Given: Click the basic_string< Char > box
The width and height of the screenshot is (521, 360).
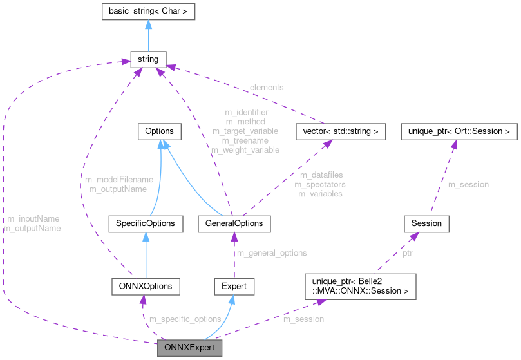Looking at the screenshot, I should tap(148, 12).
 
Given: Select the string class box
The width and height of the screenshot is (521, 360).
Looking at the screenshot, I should tap(148, 60).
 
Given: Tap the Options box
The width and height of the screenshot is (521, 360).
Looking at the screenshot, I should tap(159, 131).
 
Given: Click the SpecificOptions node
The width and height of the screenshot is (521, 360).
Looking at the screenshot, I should tap(147, 224).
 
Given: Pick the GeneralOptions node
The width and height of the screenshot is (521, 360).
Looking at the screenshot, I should tap(234, 224).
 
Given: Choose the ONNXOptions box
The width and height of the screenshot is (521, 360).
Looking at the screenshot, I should tap(145, 285).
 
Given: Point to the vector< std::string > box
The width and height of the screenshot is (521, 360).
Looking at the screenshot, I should tap(340, 131).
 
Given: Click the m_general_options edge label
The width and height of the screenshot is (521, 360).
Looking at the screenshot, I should tap(272, 253).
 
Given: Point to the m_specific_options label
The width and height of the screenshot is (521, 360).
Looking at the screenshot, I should tap(185, 319).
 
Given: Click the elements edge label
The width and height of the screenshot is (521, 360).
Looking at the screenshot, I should tap(267, 87).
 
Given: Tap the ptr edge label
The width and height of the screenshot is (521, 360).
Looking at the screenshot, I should tap(407, 253).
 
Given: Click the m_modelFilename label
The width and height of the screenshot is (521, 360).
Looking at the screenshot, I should tap(119, 180).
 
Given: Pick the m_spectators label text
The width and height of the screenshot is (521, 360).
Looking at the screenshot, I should tap(320, 184).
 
